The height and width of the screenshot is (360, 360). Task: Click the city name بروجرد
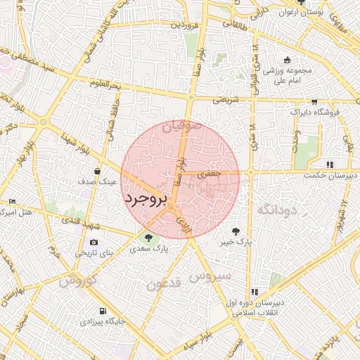pyautogui.click(x=146, y=200)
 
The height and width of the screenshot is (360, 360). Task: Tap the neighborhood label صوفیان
pyautogui.click(x=182, y=127)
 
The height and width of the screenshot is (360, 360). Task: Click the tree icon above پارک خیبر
pyautogui.click(x=235, y=231)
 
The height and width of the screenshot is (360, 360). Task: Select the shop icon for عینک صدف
pyautogui.click(x=97, y=171)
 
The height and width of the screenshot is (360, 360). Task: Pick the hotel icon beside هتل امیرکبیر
pyautogui.click(x=12, y=202)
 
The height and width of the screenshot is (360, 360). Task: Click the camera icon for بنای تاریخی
pyautogui.click(x=94, y=243)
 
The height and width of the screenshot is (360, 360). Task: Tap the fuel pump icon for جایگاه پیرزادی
pyautogui.click(x=103, y=311)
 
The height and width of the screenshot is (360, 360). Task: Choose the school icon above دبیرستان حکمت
pyautogui.click(x=330, y=165)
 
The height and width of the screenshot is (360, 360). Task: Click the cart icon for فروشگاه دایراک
pyautogui.click(x=314, y=102)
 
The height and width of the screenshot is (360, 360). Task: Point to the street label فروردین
pyautogui.click(x=184, y=25)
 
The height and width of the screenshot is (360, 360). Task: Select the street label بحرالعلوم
pyautogui.click(x=105, y=85)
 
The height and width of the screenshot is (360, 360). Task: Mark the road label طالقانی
pyautogui.click(x=238, y=23)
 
